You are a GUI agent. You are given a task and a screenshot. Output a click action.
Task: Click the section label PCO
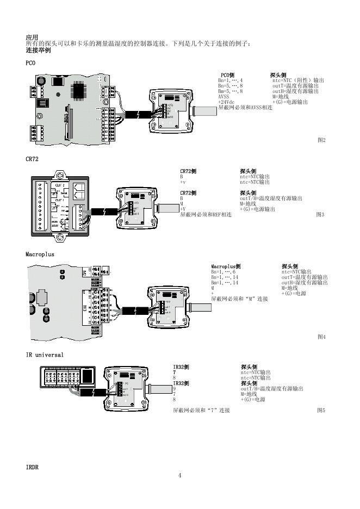point(30,63)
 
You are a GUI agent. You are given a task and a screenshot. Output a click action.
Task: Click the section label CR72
point(32,159)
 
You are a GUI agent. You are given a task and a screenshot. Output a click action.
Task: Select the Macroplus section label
point(40,254)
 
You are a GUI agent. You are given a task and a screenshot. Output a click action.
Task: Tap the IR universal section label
point(45,355)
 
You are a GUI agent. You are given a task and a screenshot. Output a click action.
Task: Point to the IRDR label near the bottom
point(32,467)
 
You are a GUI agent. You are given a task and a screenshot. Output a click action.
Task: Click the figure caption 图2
point(321,140)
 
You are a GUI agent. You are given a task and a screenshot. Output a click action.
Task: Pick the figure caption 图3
point(320,215)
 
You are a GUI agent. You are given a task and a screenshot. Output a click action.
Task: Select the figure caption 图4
point(321,337)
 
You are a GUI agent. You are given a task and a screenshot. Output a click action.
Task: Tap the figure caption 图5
point(321,410)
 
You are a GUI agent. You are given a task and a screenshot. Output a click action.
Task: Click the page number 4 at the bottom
point(180,476)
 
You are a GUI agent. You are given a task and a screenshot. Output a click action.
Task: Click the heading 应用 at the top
point(32,37)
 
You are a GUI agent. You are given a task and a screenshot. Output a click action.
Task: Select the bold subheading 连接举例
point(38,49)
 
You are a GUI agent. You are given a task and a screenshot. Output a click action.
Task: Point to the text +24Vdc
point(227,102)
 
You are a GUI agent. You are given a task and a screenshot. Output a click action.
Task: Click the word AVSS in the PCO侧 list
point(224,97)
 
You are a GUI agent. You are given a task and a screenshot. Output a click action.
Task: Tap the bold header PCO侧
point(227,75)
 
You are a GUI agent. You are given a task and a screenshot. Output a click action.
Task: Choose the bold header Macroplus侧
point(226,266)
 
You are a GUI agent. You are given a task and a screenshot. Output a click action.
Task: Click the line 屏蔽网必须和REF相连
point(206,215)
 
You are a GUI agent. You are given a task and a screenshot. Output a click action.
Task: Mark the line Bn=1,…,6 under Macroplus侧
point(224,272)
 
